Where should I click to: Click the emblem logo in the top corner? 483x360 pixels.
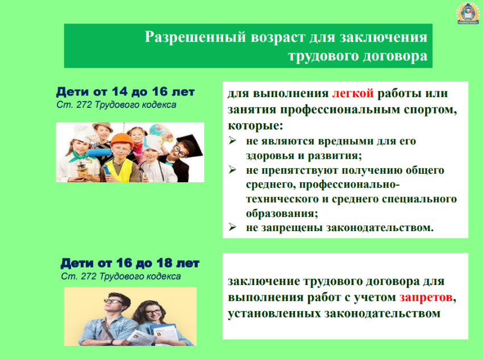(467, 13)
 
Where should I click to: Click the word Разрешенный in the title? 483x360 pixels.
(195, 37)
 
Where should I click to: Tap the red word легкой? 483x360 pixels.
(353, 93)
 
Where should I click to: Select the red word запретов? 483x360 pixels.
(426, 297)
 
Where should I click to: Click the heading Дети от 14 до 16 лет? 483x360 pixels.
(126, 91)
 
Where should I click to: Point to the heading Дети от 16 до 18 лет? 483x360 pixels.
(130, 263)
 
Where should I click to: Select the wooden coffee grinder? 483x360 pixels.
(82, 169)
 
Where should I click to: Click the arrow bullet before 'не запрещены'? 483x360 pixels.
(232, 227)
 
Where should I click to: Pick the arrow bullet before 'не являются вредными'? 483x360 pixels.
(232, 141)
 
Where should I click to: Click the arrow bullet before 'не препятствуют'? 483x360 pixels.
(232, 170)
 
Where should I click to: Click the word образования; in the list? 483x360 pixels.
(282, 214)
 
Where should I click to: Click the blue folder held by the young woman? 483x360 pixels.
(163, 333)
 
